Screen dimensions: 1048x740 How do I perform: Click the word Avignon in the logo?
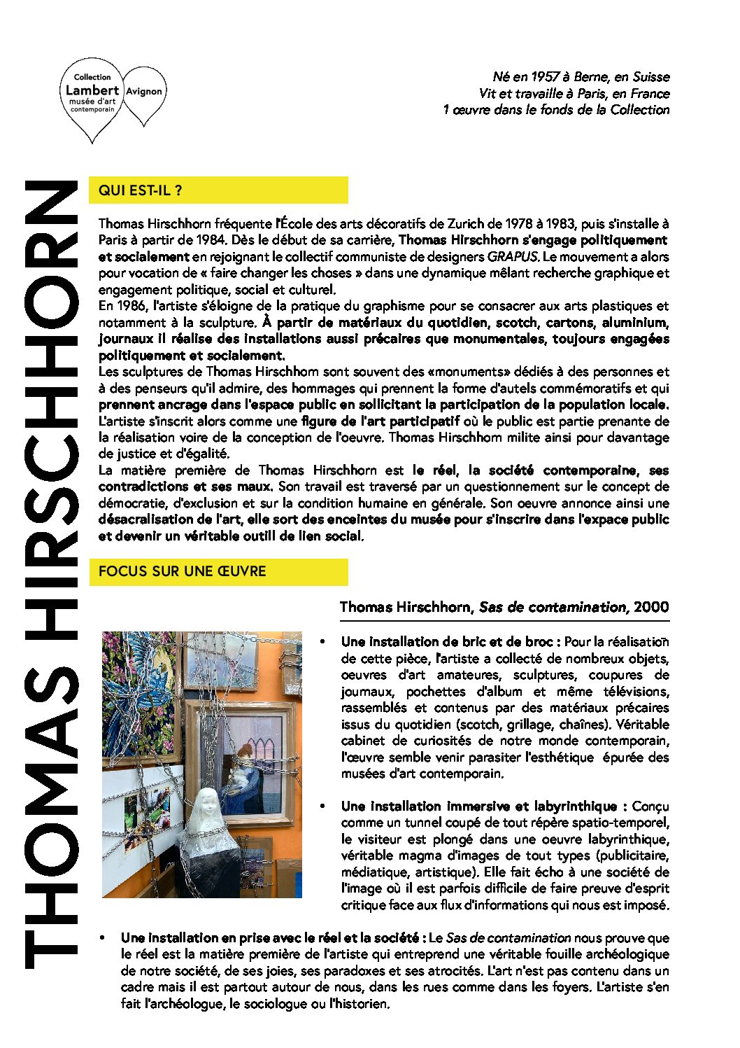point(143,92)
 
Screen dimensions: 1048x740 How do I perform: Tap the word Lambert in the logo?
point(92,90)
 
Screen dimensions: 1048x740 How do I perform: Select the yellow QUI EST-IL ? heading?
point(141,190)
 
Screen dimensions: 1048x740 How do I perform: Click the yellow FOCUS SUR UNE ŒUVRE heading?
point(183,571)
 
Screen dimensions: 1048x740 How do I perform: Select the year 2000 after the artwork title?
point(651,607)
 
